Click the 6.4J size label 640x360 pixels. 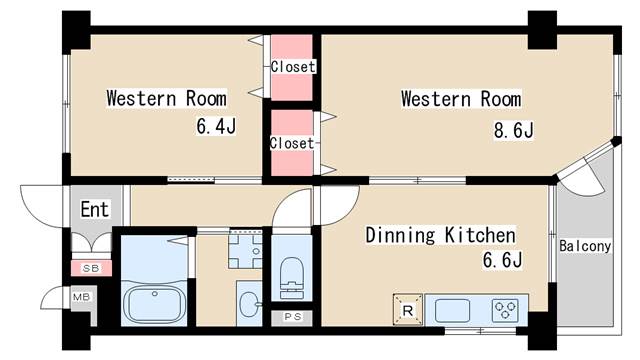(216, 126)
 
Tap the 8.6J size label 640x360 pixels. (513, 130)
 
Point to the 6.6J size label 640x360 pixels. (502, 260)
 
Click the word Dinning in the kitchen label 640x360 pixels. (400, 235)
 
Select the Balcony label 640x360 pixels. (584, 246)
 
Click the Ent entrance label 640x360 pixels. (95, 209)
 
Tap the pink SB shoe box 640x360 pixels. (91, 268)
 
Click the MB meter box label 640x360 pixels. (81, 297)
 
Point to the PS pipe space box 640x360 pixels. (292, 317)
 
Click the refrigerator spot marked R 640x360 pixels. (407, 309)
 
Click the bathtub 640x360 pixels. (155, 304)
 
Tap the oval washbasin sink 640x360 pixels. (249, 304)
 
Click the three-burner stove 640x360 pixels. (505, 310)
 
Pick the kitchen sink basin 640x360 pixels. (452, 311)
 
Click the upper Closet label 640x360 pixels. (293, 67)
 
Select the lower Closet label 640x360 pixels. (292, 143)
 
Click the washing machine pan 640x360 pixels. (245, 250)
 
